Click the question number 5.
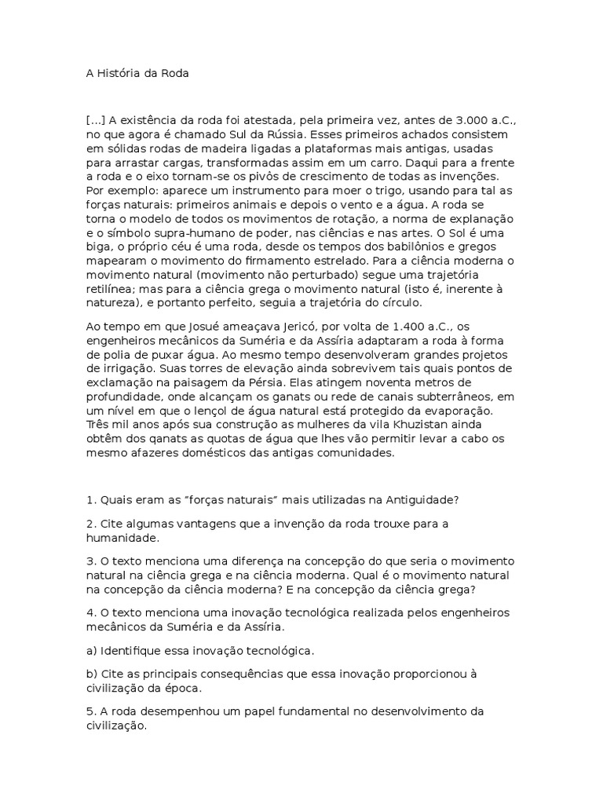tap(90, 712)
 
